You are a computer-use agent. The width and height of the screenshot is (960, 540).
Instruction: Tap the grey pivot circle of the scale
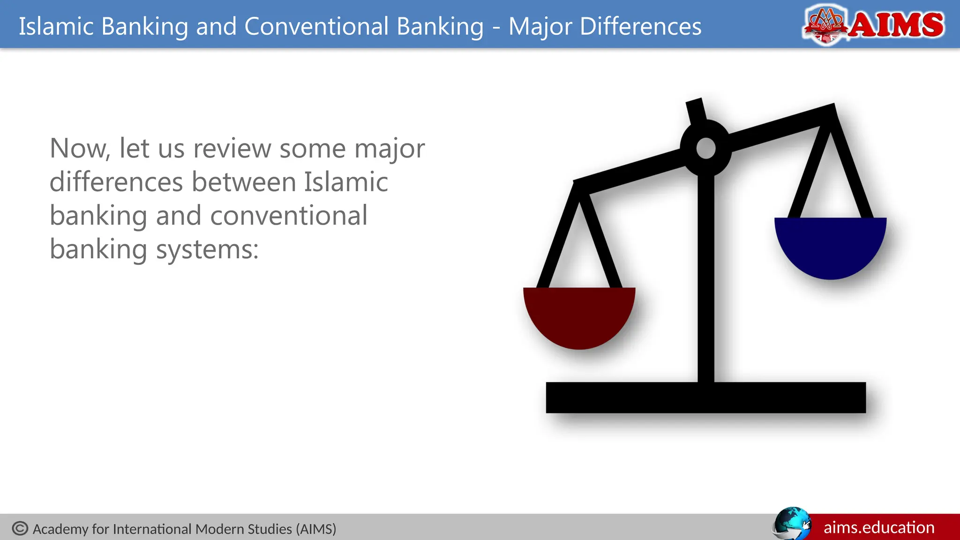(x=706, y=148)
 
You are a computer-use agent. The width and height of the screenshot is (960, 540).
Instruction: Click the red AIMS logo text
(x=896, y=25)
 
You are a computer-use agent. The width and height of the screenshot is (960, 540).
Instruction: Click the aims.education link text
(x=879, y=527)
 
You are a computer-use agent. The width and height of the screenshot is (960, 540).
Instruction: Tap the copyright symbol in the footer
(x=20, y=528)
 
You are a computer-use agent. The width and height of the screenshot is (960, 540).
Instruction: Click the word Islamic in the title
(x=56, y=26)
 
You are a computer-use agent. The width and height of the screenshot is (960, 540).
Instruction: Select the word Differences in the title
(x=640, y=26)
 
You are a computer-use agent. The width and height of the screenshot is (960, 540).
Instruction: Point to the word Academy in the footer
(x=60, y=529)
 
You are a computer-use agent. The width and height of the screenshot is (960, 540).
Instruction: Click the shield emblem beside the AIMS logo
(x=825, y=25)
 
